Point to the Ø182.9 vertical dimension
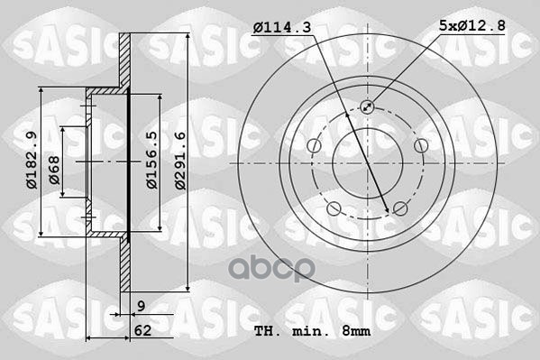click(30, 161)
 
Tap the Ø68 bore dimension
click(54, 171)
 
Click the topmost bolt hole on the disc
click(368, 106)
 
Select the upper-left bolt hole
click(313, 147)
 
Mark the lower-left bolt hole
click(334, 210)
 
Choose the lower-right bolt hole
click(401, 210)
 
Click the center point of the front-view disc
click(368, 163)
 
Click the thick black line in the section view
click(130, 162)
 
